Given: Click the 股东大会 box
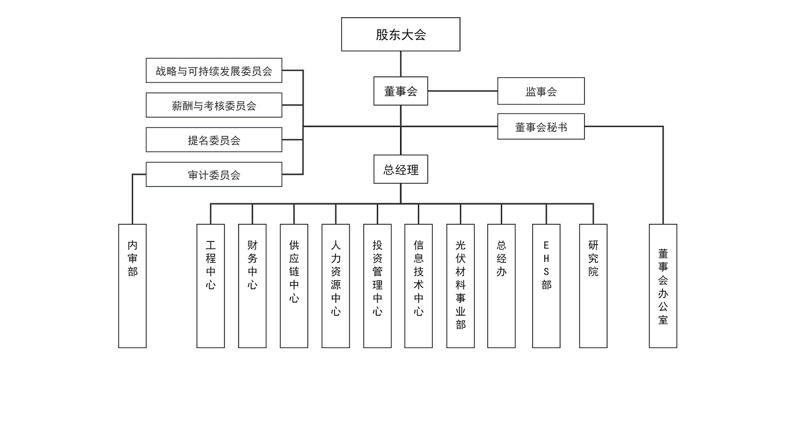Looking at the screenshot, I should [x=400, y=34].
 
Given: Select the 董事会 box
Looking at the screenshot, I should [x=400, y=91].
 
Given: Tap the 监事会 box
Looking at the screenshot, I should [x=541, y=91].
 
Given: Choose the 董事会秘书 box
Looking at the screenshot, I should [x=541, y=126].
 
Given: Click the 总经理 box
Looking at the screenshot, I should [x=400, y=169].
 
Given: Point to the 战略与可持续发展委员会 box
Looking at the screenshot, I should [x=214, y=71].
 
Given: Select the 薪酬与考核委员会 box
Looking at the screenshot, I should [x=214, y=105].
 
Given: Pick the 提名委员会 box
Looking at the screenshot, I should [x=214, y=140].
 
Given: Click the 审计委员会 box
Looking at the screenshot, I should [x=214, y=175].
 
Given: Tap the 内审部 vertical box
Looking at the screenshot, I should [x=132, y=286].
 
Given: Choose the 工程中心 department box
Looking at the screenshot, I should [x=210, y=286].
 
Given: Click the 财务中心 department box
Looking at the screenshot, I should [x=252, y=286].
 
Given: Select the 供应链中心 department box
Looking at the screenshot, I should [x=294, y=286].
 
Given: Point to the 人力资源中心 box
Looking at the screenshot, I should [x=335, y=286].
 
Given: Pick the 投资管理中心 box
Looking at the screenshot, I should [x=377, y=286].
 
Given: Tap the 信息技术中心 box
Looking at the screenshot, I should [x=418, y=286].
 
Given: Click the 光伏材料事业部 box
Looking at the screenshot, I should [x=460, y=286].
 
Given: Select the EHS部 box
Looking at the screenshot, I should [x=546, y=286].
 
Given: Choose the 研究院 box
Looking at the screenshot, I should [x=593, y=286].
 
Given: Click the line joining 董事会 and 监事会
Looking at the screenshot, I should [x=463, y=91].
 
